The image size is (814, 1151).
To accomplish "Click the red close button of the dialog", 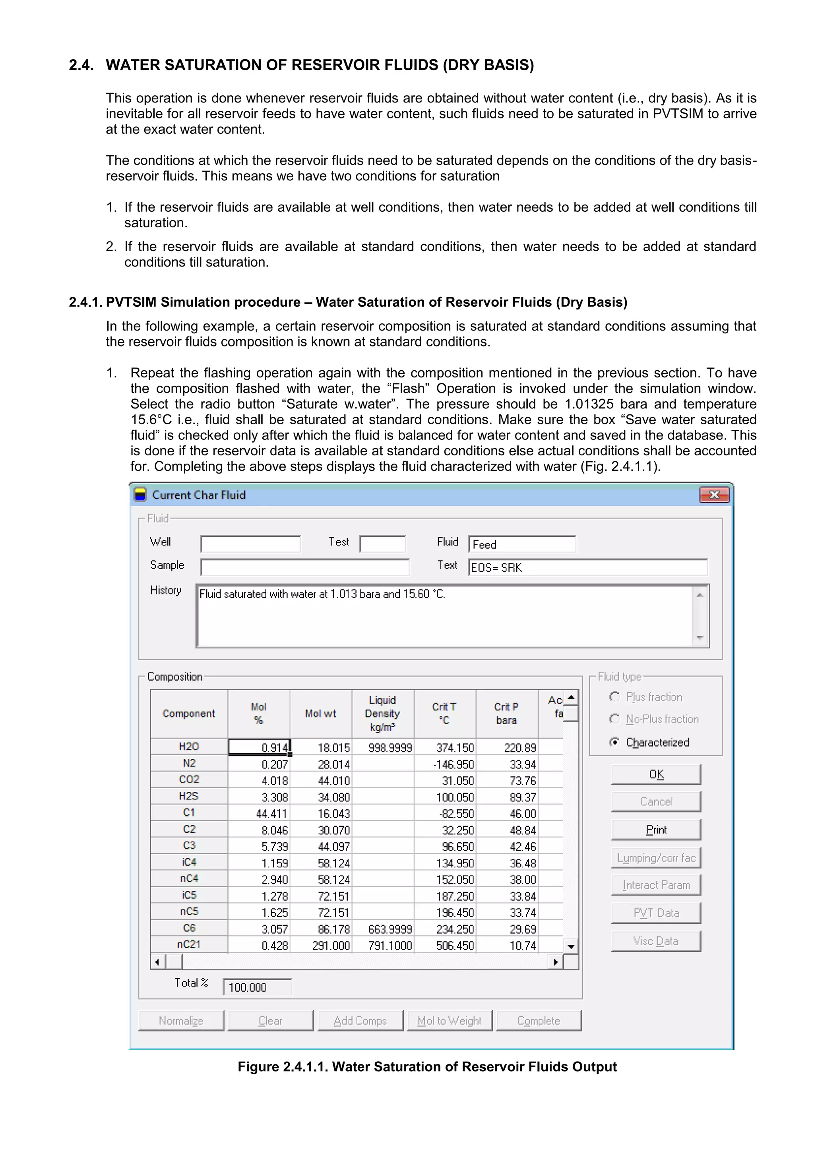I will click(x=714, y=495).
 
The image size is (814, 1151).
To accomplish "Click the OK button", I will click(x=655, y=774).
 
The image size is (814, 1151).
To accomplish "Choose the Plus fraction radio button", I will click(x=615, y=697).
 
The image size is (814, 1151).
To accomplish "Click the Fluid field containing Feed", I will click(x=521, y=544).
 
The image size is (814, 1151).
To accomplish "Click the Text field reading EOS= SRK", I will click(x=587, y=567).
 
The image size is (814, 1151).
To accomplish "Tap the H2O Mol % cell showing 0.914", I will click(x=259, y=747).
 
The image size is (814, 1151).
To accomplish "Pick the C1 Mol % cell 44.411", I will click(x=259, y=814).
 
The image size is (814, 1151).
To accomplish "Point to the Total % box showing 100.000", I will click(x=257, y=987).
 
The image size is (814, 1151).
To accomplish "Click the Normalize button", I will click(x=181, y=1021).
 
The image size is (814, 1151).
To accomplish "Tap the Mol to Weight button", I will click(x=450, y=1021).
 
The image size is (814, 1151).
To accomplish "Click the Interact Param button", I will click(x=655, y=885).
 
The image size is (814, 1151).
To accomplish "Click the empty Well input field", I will click(x=250, y=544).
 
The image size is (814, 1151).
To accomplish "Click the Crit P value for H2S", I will click(x=508, y=797).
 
